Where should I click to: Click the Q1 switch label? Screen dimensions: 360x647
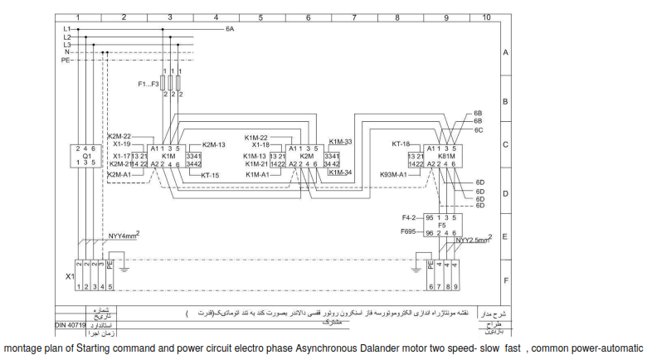pos(86,154)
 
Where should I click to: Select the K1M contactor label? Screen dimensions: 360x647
pos(168,155)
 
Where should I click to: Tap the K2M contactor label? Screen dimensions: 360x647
pos(306,155)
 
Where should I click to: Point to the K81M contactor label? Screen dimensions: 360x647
pos(446,155)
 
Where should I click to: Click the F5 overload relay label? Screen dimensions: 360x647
pos(441,225)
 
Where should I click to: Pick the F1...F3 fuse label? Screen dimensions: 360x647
pos(149,84)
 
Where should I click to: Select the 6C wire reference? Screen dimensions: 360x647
pos(479,129)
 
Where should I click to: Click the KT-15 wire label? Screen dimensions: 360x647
pos(210,176)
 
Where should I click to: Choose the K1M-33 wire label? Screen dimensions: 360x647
pos(340,142)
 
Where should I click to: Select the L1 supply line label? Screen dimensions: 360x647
pos(66,29)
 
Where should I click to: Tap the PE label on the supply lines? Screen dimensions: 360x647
pos(66,61)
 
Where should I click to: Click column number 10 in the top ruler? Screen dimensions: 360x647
pos(485,17)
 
